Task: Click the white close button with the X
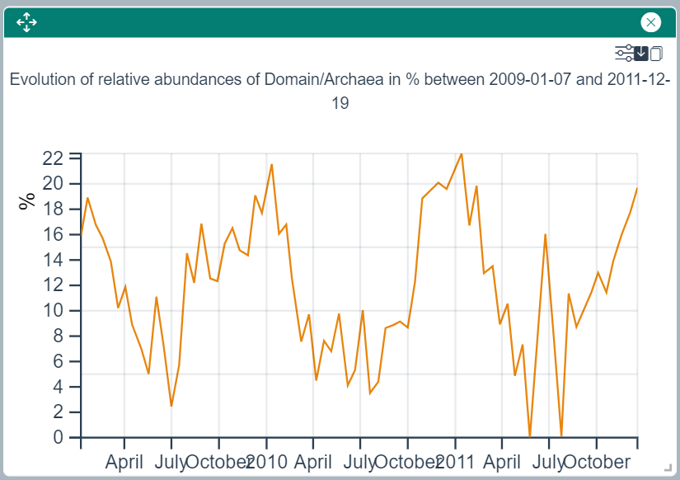[x=651, y=22]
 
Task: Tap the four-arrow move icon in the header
[x=26, y=22]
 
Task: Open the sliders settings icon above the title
[x=624, y=54]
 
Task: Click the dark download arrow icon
[x=641, y=54]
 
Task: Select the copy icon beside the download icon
[x=656, y=54]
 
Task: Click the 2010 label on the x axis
[x=268, y=461]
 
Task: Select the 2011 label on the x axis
[x=456, y=461]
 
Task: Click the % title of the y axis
[x=28, y=201]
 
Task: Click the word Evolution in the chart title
[x=44, y=80]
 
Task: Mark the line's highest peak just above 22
[x=461, y=153]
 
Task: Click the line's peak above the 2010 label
[x=271, y=165]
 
